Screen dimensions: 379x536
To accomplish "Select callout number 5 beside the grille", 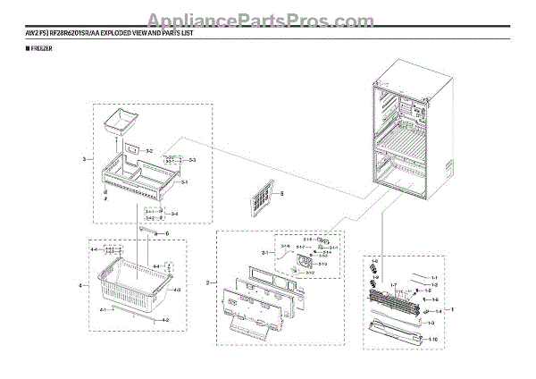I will tap(281, 193).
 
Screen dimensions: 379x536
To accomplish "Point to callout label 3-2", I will tap(150, 151).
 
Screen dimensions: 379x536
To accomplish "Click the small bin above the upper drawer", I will tap(117, 119).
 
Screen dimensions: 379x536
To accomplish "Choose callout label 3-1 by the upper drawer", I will tap(183, 181).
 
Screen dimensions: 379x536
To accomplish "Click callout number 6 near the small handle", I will tap(165, 234).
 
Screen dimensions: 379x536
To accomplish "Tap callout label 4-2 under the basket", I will tap(164, 319).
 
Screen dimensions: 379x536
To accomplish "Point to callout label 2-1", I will tap(264, 254).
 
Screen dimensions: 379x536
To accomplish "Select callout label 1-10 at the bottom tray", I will tap(431, 340).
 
